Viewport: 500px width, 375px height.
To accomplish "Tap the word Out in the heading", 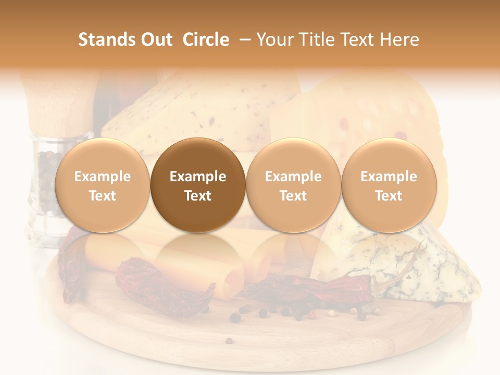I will coord(155,40).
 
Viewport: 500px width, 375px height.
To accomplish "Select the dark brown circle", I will coord(198,185).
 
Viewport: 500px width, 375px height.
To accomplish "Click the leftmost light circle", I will coord(102,185).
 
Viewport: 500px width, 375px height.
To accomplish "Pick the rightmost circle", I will coord(389,185).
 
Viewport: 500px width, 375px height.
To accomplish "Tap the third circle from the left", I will coord(293,185).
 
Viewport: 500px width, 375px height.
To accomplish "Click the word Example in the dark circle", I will coord(198,177).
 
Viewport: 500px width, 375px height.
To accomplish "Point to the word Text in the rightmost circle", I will coord(389,196).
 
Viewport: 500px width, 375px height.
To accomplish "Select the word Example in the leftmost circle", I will coord(102,177).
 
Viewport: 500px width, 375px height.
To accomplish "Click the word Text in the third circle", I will coord(293,196).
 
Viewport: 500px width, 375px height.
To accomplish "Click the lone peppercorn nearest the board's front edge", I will coord(229,341).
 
